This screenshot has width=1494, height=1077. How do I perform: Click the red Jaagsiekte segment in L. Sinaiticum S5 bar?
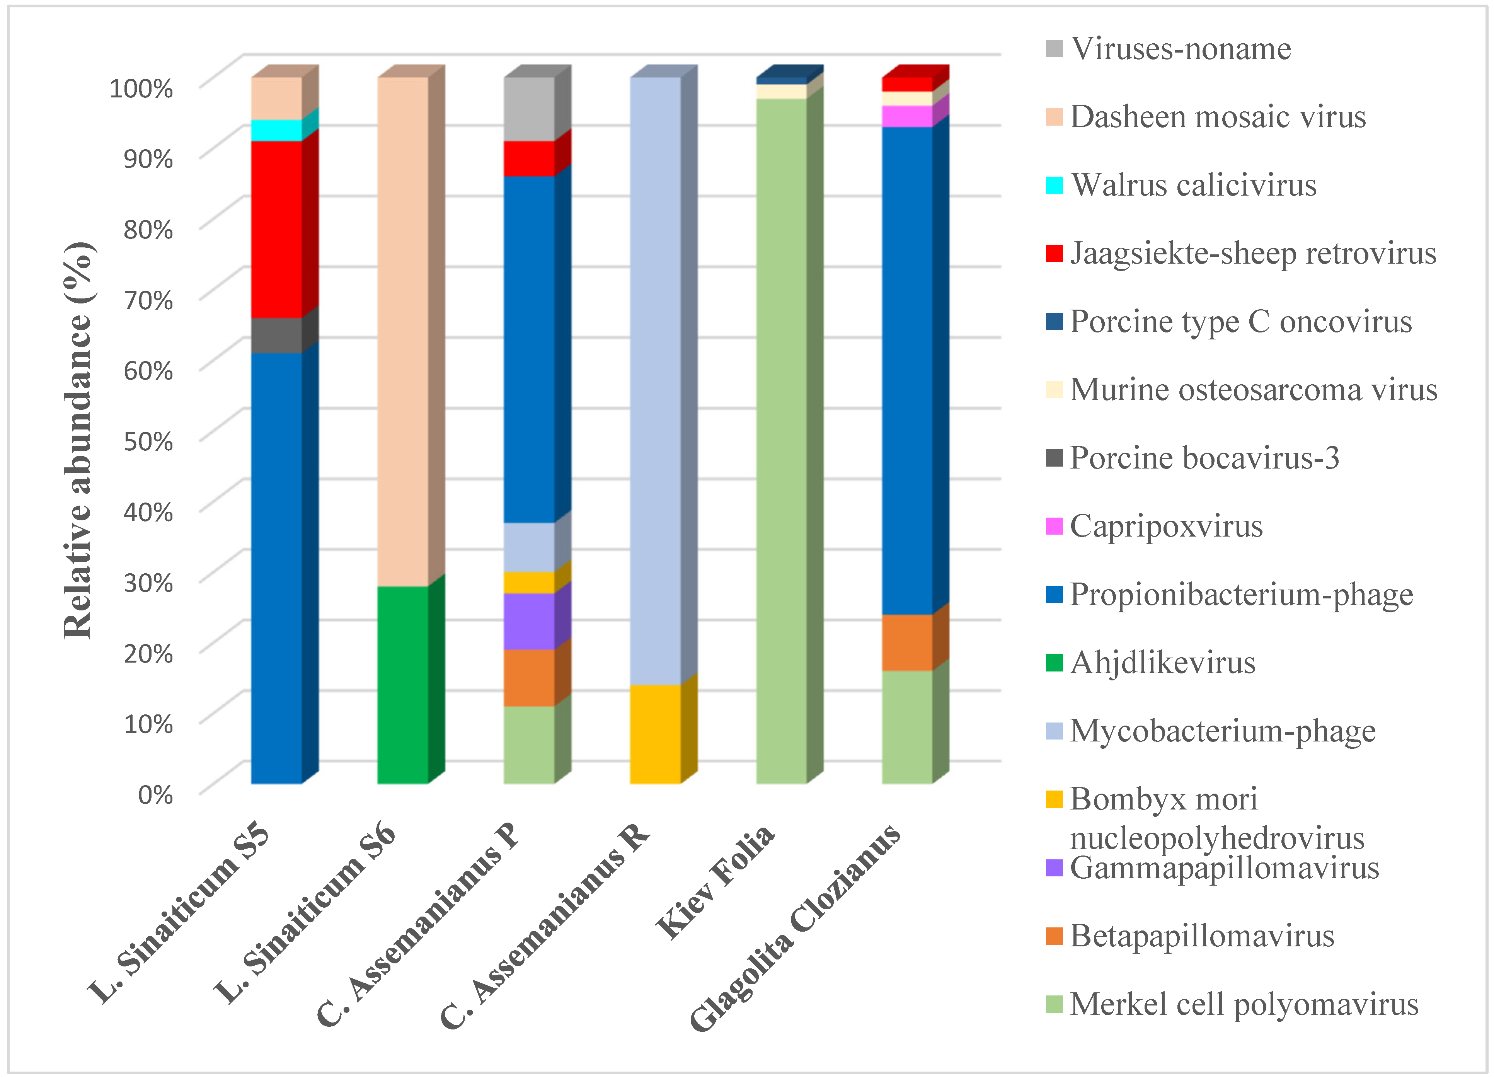click(277, 229)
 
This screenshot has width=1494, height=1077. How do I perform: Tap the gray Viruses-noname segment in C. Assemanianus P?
click(529, 109)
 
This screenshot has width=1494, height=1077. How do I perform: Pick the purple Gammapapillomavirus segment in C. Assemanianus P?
click(529, 621)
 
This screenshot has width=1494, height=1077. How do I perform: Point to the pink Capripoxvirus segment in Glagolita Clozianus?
click(907, 116)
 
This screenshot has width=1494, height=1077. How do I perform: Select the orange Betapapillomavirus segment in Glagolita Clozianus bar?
click(907, 642)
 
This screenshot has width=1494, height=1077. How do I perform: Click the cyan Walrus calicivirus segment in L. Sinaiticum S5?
click(277, 130)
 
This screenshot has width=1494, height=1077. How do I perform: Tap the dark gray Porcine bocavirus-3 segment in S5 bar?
click(277, 335)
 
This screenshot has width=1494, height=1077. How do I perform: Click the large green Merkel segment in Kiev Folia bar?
click(781, 441)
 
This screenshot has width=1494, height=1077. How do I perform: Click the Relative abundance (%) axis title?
click(78, 440)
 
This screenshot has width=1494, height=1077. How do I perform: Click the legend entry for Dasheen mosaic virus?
click(1217, 117)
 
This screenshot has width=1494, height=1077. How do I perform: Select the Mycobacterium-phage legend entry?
click(1222, 731)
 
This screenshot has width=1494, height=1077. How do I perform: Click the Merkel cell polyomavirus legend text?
click(1244, 1004)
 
